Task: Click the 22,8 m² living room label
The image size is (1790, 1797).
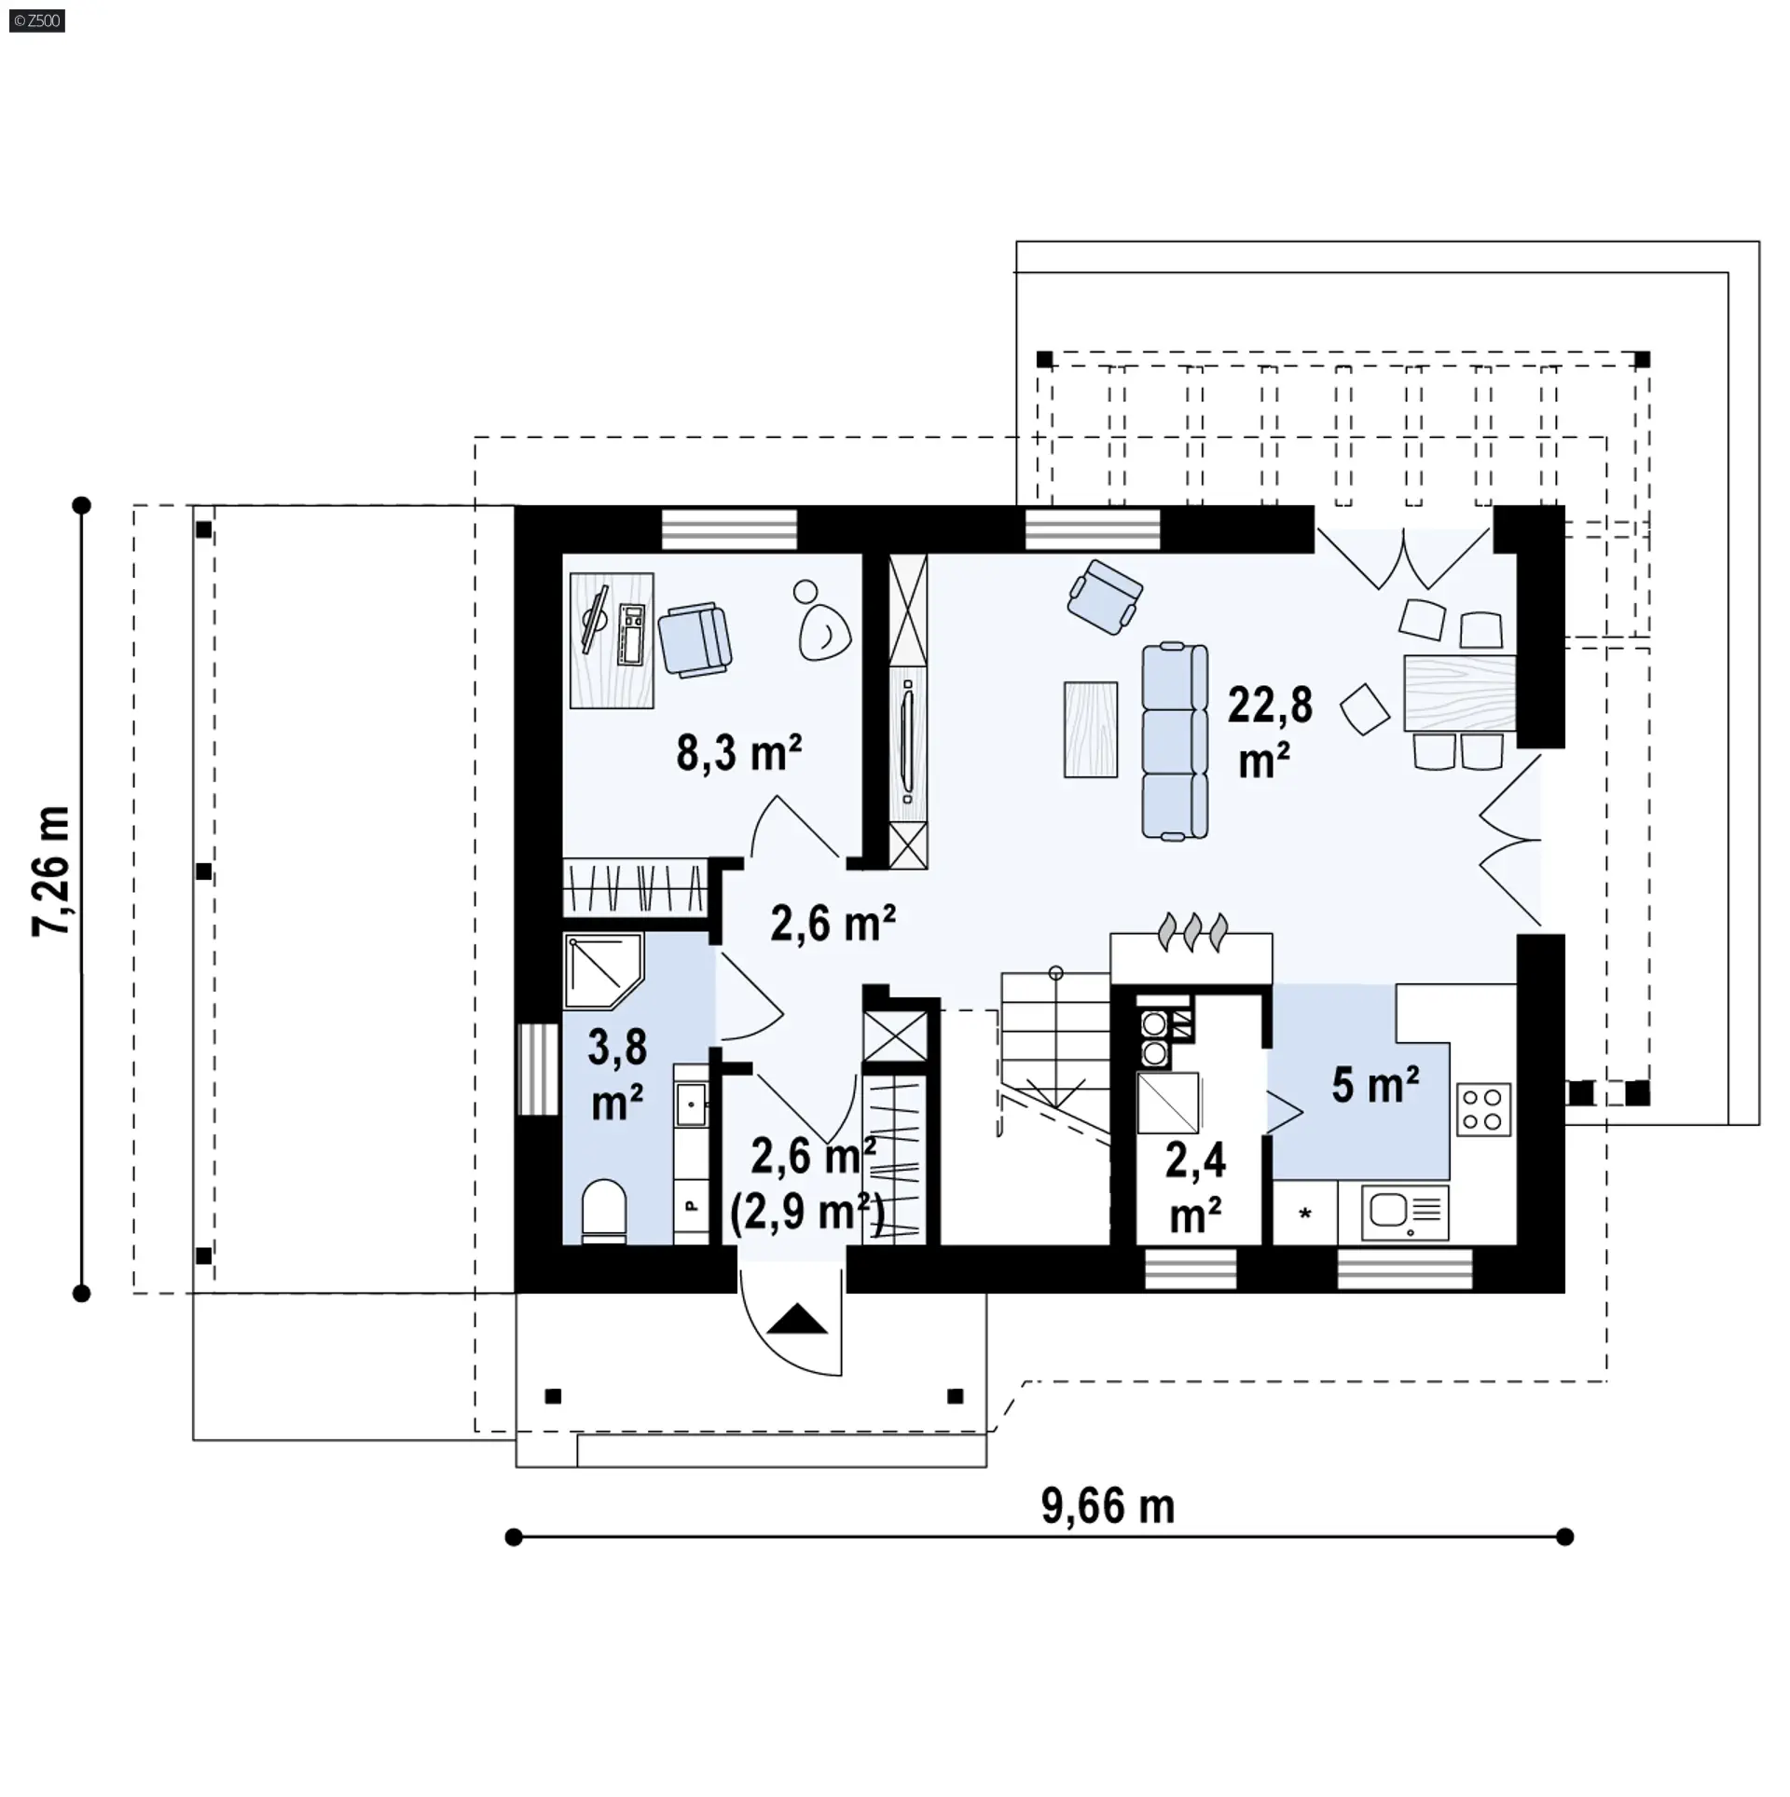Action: pos(1269,732)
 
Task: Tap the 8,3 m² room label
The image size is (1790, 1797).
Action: pos(739,752)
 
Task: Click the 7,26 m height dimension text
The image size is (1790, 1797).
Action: pos(50,871)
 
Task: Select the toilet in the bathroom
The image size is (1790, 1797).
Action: pos(604,1211)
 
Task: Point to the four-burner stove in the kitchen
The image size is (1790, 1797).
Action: pos(1482,1109)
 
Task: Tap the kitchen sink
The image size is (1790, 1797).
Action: pos(1405,1212)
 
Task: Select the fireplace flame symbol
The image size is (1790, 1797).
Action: pos(1192,931)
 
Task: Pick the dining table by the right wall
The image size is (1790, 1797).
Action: pos(1459,693)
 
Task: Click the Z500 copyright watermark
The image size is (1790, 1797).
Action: pos(37,21)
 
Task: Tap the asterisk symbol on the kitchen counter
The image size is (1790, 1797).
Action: pos(1305,1213)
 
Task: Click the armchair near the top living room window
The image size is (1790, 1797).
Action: pos(1106,597)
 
